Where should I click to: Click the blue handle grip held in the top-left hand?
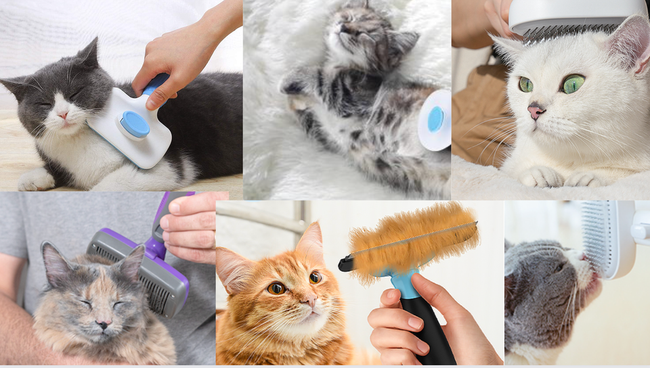156,84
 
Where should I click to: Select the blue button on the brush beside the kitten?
436,120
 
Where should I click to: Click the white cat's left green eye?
526,84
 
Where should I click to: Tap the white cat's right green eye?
573,84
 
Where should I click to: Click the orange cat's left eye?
276,288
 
